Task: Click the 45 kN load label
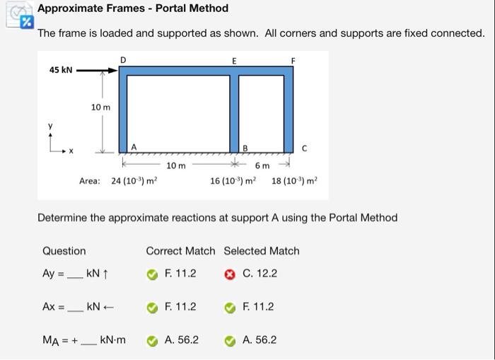60,70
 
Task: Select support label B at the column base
245,148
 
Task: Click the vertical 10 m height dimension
101,107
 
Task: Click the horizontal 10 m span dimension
176,166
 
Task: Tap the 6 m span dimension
262,166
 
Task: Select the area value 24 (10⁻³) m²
134,181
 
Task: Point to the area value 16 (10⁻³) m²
233,181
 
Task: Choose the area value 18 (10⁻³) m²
294,181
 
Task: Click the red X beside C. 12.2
229,274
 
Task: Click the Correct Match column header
180,250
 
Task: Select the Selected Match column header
261,250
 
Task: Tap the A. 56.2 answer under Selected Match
259,340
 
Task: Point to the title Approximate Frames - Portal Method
133,8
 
